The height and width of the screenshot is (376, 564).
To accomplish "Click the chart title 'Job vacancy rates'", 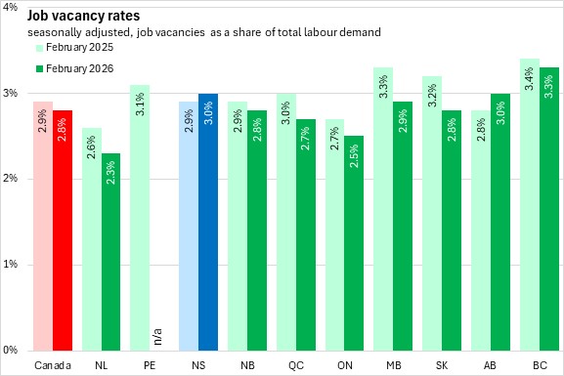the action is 83,17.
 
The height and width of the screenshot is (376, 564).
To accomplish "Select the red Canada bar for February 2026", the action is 63,230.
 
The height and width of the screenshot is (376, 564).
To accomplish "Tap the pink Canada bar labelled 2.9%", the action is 43,227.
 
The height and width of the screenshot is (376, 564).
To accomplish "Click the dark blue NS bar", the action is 208,222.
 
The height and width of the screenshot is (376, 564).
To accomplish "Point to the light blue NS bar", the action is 189,227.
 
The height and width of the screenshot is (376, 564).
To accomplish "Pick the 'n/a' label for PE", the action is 157,337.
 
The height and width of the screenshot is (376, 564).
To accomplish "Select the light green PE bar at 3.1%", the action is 140,218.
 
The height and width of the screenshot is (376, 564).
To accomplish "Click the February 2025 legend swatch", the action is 39,48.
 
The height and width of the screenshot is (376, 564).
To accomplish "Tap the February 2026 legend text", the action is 79,68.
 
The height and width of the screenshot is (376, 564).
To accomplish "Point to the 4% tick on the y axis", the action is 11,7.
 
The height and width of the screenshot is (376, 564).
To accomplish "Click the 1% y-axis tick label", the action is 11,265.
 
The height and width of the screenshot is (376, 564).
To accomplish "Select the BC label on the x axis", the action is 540,365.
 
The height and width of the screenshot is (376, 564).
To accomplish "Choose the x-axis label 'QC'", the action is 296,365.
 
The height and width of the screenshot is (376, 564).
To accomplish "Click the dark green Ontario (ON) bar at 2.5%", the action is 354,243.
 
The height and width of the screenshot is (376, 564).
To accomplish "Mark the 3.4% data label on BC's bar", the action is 529,79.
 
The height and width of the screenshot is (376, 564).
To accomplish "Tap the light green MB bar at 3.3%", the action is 383,209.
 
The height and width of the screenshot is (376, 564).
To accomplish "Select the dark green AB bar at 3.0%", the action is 500,222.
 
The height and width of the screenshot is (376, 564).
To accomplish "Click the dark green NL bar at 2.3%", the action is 110,252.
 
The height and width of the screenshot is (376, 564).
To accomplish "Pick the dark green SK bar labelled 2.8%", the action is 452,230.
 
